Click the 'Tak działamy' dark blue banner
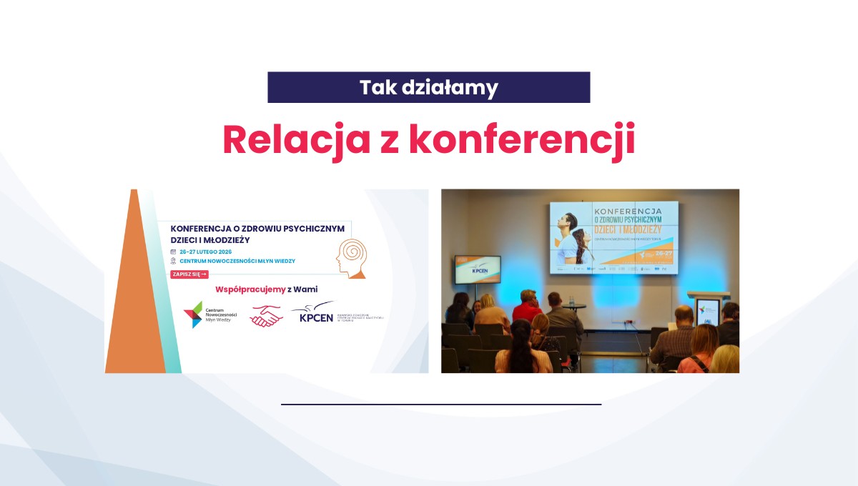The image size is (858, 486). [428, 87]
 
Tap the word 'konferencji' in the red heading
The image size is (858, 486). [522, 140]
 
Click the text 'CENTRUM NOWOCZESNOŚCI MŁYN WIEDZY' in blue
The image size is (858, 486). [236, 262]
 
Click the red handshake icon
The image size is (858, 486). [266, 315]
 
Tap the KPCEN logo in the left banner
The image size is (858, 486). [315, 314]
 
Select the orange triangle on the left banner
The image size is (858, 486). [133, 300]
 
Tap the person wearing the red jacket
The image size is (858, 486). [527, 307]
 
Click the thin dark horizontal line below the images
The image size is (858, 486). [440, 405]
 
